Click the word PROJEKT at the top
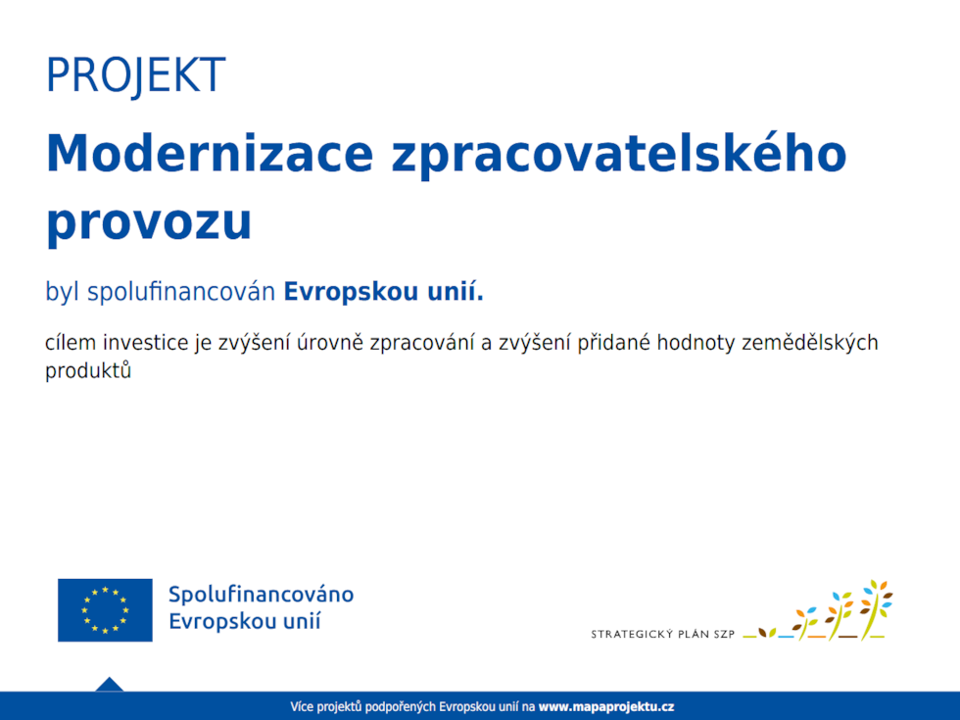135,75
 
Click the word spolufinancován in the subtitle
181,292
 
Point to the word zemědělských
810,344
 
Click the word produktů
88,372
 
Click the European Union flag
105,609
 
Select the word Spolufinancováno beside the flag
261,595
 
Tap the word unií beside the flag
301,622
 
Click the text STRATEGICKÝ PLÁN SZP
662,634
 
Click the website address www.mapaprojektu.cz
606,706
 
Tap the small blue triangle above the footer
110,684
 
